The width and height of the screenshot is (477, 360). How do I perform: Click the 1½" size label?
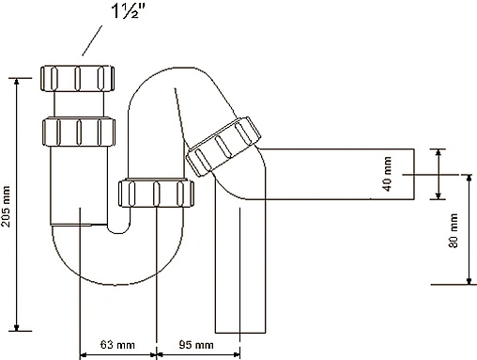(x=130, y=11)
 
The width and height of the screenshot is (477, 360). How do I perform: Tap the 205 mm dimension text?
(x=6, y=206)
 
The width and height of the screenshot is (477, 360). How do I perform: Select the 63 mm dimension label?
(x=117, y=345)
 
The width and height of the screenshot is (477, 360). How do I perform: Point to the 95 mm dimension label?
(x=196, y=345)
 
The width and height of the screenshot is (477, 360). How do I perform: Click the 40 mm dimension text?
(x=387, y=174)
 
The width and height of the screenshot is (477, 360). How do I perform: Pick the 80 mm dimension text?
(x=453, y=230)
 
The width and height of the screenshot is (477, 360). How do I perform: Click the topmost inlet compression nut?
(x=77, y=78)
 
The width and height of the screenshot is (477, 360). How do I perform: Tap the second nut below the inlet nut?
(x=79, y=132)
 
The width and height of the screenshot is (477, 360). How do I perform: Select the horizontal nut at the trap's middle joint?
(x=156, y=193)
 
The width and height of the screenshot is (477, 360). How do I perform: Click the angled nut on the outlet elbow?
(x=223, y=146)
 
